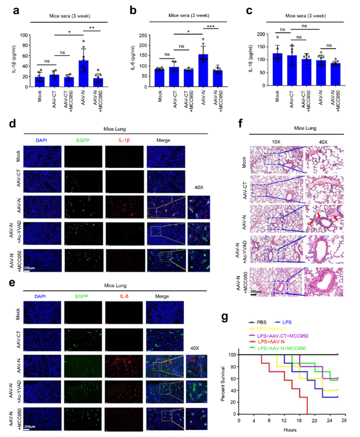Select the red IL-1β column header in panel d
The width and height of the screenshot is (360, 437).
coord(126,140)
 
